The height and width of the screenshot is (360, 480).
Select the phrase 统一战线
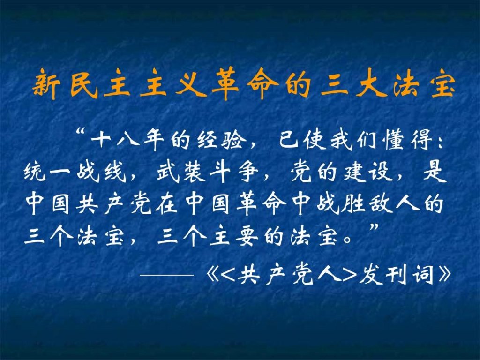pos(75,172)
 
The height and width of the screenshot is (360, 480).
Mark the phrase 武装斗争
pos(208,172)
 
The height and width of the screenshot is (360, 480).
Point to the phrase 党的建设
pos(342,172)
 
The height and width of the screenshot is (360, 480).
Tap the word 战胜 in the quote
pos(339,203)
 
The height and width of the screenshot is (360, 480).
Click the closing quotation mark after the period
pos(375,227)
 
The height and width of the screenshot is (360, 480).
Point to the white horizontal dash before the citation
pos(167,275)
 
